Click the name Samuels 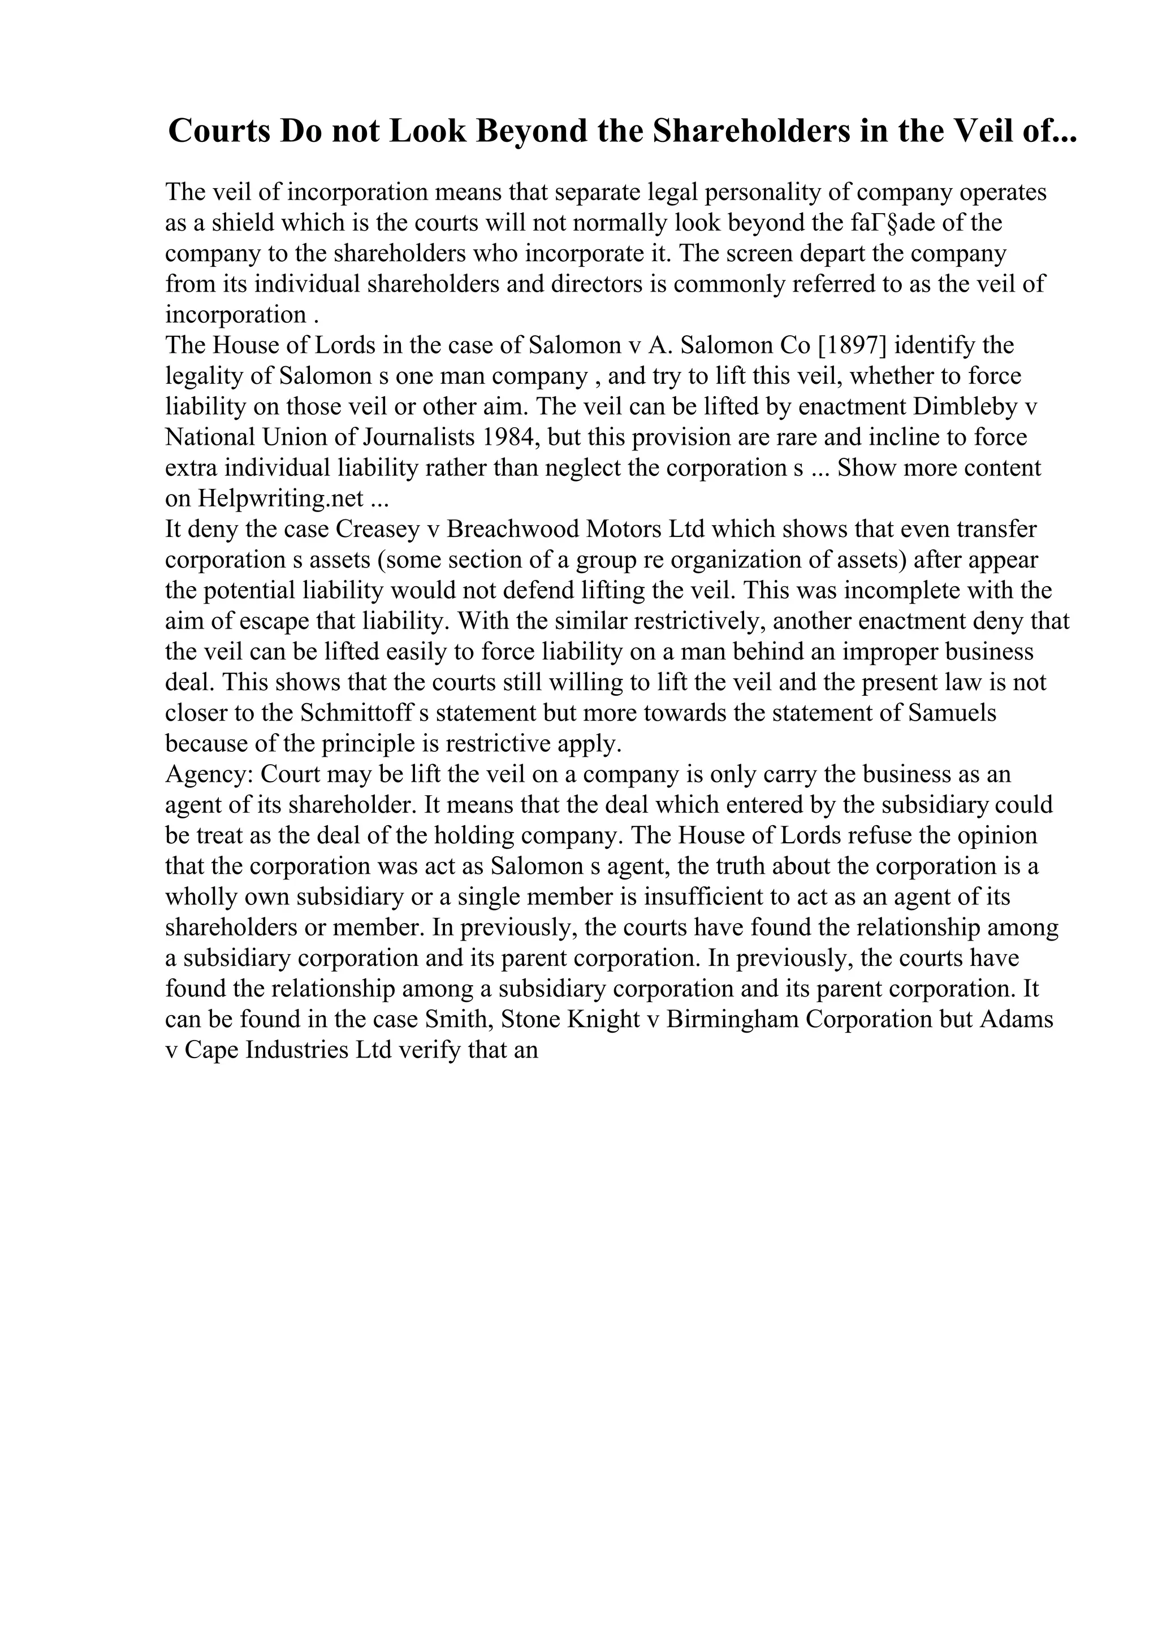(x=953, y=713)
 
